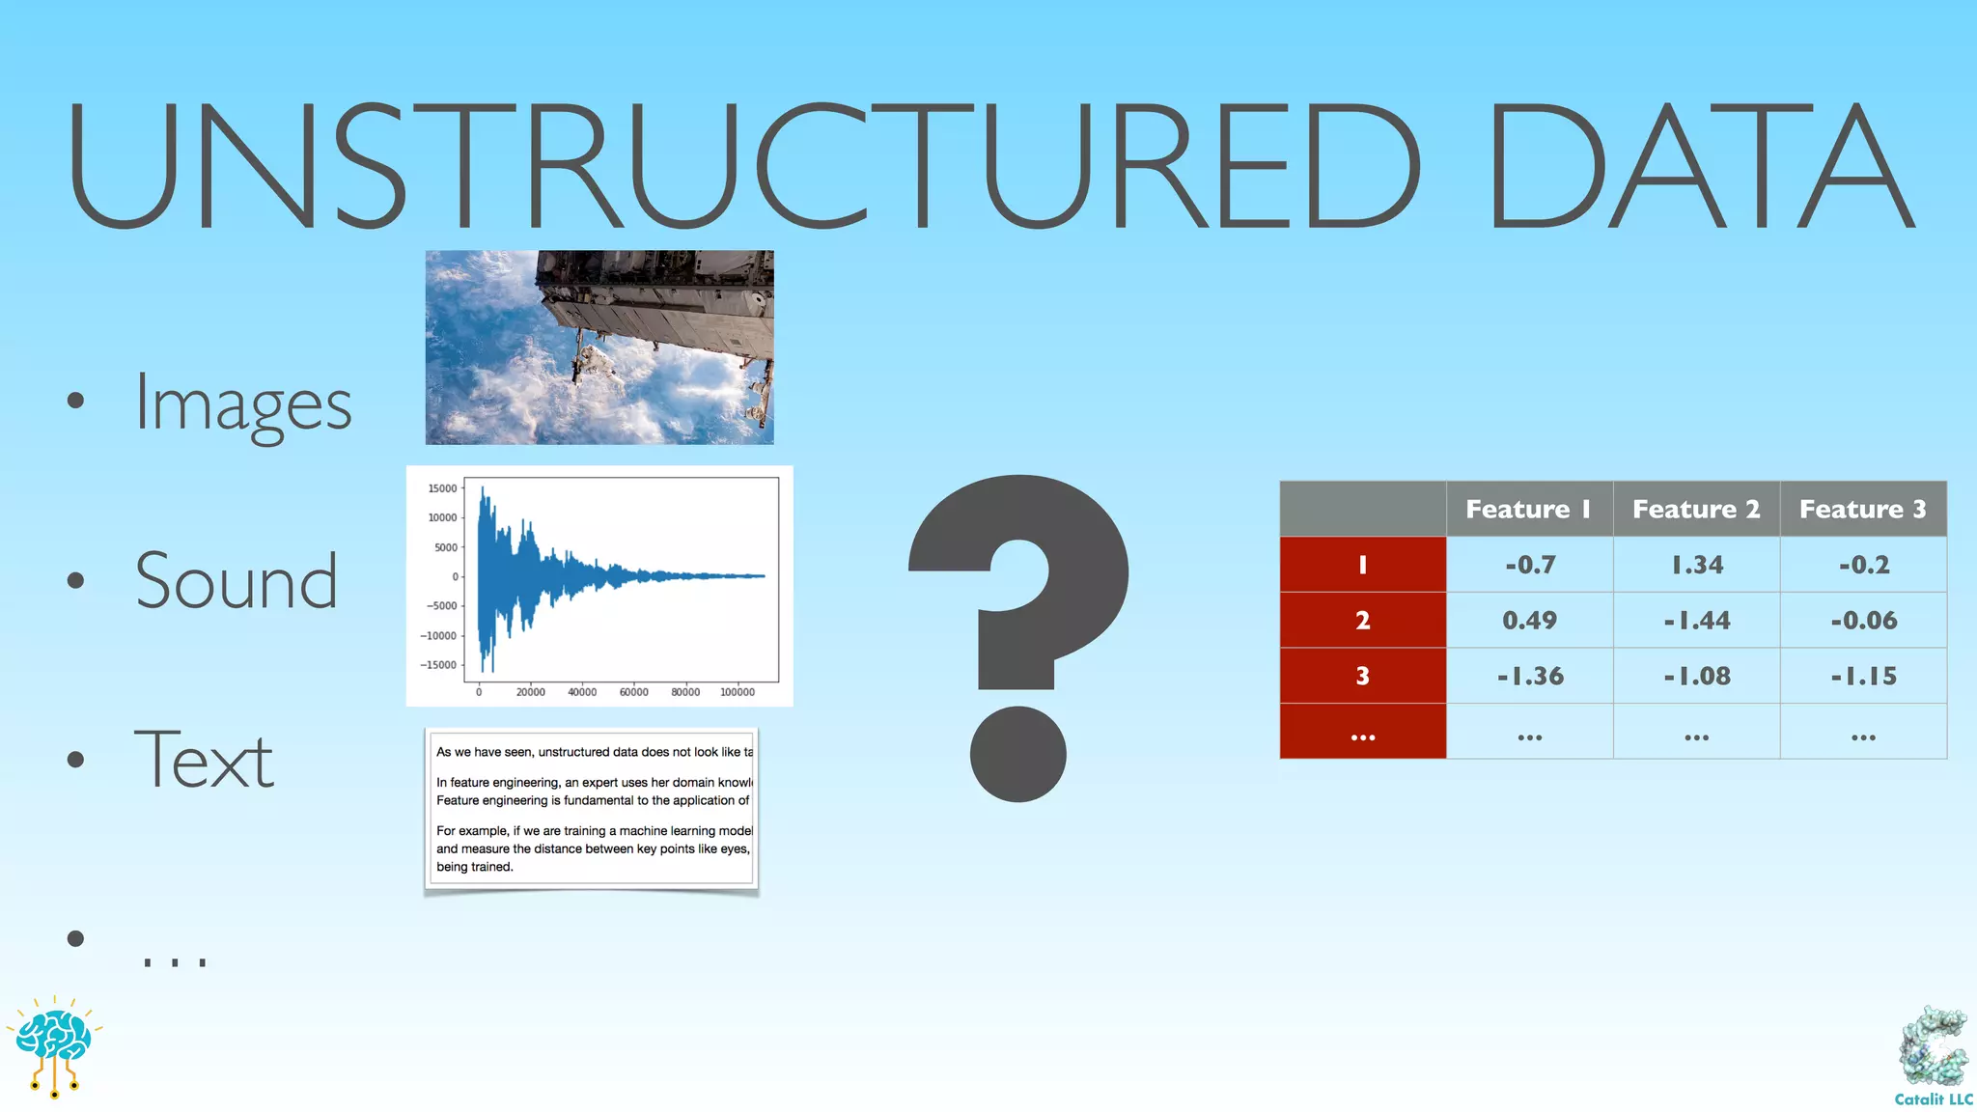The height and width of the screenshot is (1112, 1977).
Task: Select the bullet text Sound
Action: click(x=237, y=582)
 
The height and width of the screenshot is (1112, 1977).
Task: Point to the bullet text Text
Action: click(x=204, y=760)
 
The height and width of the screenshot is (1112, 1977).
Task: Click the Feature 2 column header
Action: click(x=1696, y=509)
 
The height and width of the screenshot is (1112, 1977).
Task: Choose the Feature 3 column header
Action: click(x=1862, y=509)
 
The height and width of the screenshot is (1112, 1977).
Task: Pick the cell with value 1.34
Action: click(x=1696, y=565)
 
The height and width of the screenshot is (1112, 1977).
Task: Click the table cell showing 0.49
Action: click(x=1529, y=620)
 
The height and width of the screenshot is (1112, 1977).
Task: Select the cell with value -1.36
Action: click(x=1529, y=676)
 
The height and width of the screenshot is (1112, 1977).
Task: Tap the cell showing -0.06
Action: click(x=1863, y=620)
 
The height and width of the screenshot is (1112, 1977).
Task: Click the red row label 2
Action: click(x=1362, y=620)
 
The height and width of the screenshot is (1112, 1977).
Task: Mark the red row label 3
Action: click(x=1362, y=676)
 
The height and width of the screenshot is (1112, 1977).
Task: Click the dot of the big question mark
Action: click(x=1017, y=754)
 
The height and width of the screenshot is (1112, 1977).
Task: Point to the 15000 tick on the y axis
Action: click(x=442, y=488)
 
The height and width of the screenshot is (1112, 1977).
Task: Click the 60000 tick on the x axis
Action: click(x=633, y=692)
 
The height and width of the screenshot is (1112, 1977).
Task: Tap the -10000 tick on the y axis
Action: click(x=438, y=635)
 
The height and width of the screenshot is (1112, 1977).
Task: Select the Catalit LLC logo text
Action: click(x=1933, y=1099)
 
